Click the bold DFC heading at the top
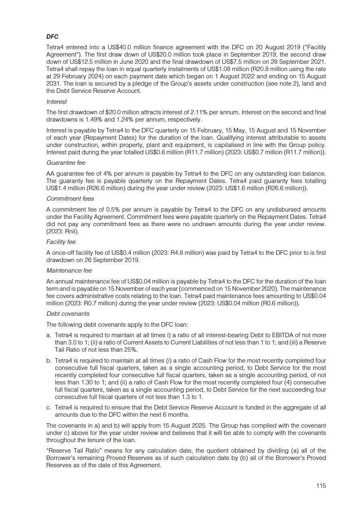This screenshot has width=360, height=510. click(x=52, y=37)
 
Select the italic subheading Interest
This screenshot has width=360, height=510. click(x=57, y=102)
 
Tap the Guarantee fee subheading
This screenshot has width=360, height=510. click(x=66, y=163)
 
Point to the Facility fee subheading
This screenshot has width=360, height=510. click(x=61, y=242)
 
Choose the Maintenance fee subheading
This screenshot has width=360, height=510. click(x=69, y=271)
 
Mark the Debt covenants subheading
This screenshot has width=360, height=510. click(x=68, y=314)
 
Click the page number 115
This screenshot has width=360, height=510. click(x=321, y=486)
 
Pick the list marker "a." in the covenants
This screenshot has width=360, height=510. click(x=49, y=335)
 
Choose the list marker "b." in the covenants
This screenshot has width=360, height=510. click(x=49, y=361)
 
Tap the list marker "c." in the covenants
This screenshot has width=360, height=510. click(x=49, y=407)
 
